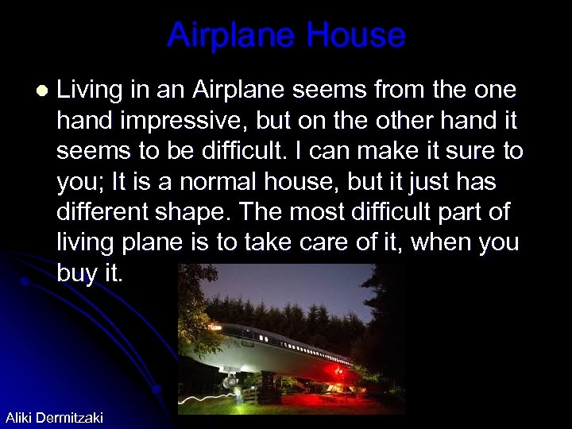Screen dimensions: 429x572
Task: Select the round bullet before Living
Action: coord(41,91)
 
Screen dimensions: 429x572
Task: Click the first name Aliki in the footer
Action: coord(21,417)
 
